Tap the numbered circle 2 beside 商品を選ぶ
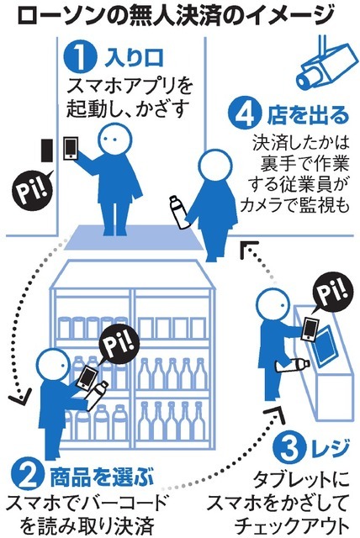click(x=29, y=477)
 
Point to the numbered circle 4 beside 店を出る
click(x=246, y=114)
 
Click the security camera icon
click(x=324, y=65)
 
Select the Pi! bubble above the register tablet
click(x=331, y=293)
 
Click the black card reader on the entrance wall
click(x=46, y=150)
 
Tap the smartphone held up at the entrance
click(x=71, y=149)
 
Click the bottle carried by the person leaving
click(x=179, y=212)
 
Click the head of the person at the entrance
click(x=114, y=140)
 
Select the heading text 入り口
click(x=134, y=58)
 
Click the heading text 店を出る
click(x=308, y=115)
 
